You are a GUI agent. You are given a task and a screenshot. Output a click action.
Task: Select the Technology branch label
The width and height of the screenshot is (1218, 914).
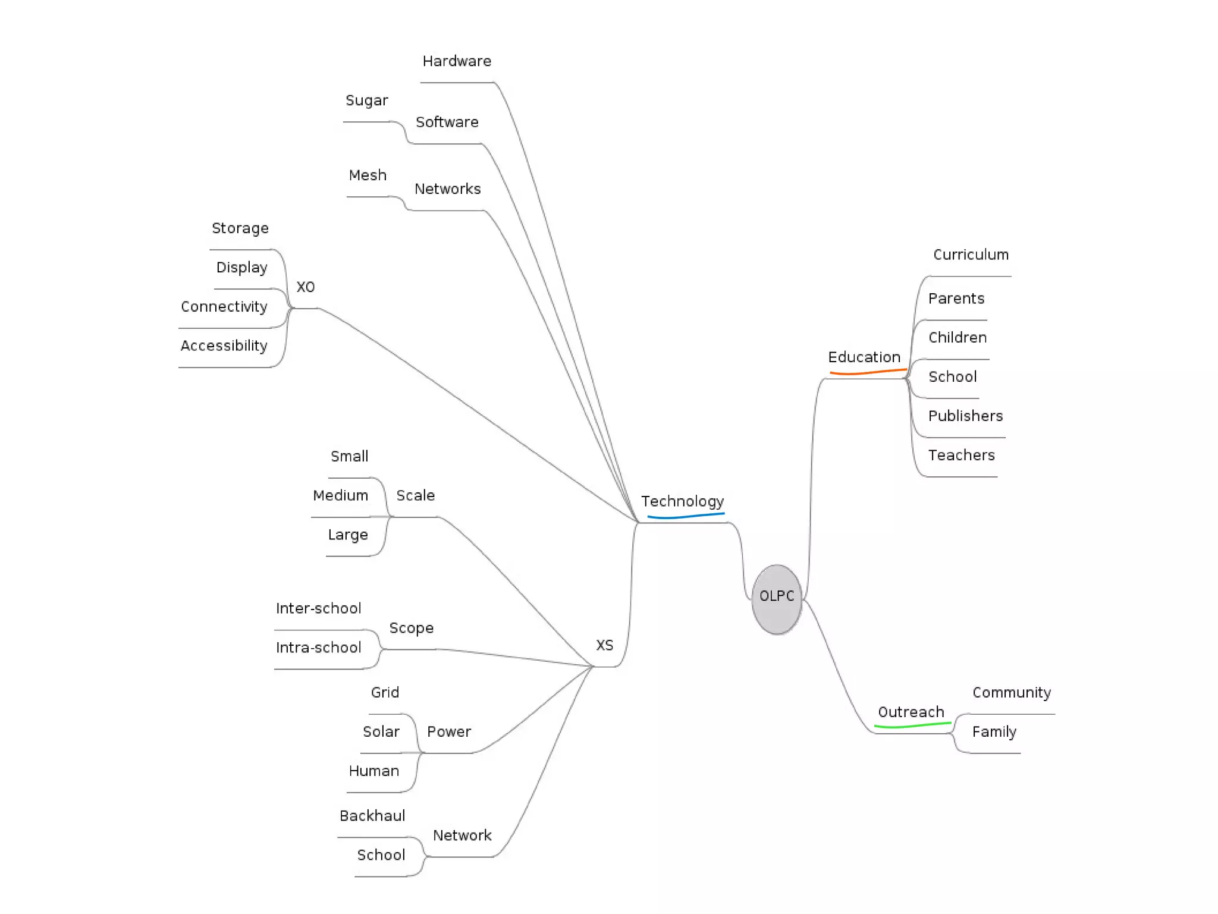pyautogui.click(x=682, y=501)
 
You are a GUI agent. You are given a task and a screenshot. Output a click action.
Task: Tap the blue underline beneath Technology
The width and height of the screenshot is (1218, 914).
pyautogui.click(x=685, y=516)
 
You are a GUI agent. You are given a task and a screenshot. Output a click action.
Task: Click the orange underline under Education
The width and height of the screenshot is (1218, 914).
pyautogui.click(x=868, y=372)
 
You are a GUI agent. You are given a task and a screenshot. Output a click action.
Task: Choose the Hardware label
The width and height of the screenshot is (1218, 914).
pyautogui.click(x=457, y=61)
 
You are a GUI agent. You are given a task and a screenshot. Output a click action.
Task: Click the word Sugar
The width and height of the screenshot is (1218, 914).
pyautogui.click(x=366, y=100)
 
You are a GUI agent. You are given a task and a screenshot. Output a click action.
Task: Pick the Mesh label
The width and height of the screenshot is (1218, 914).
pyautogui.click(x=368, y=175)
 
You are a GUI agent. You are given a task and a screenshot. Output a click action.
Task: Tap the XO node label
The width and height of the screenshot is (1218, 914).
pyautogui.click(x=305, y=287)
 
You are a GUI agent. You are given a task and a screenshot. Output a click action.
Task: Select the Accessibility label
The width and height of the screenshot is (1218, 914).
pyautogui.click(x=224, y=346)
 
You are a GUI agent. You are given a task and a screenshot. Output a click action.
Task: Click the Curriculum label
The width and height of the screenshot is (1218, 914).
pyautogui.click(x=971, y=255)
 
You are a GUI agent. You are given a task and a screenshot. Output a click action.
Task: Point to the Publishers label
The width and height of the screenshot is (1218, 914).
pyautogui.click(x=965, y=416)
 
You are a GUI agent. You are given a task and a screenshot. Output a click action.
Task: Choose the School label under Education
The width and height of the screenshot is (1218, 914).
pyautogui.click(x=952, y=377)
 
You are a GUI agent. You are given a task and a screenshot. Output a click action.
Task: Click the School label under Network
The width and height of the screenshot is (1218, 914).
pyautogui.click(x=381, y=855)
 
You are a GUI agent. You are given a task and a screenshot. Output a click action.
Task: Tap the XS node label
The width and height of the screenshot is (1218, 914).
pyautogui.click(x=604, y=646)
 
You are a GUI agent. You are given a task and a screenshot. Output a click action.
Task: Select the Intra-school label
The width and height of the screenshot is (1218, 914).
pyautogui.click(x=318, y=648)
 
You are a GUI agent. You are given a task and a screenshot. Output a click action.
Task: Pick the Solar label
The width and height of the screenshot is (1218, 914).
pyautogui.click(x=381, y=732)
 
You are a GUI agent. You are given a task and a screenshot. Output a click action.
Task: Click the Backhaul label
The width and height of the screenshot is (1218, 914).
pyautogui.click(x=372, y=816)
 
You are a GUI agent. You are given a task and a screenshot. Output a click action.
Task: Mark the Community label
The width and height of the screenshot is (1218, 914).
pyautogui.click(x=1011, y=693)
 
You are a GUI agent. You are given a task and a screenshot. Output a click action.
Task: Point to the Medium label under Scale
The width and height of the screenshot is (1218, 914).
pyautogui.click(x=340, y=496)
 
